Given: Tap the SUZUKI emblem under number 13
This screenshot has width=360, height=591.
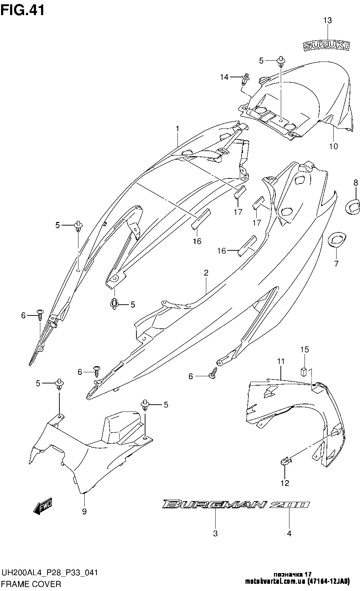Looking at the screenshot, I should pos(326,45).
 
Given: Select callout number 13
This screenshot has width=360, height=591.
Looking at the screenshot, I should pos(327,21).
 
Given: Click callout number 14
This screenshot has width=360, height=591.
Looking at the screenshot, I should pos(224,77).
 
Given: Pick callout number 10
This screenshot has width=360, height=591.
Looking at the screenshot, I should pos(333,146).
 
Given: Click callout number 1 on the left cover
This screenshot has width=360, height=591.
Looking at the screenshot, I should pos(177,128).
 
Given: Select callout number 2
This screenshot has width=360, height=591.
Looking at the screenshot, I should pos(206,273).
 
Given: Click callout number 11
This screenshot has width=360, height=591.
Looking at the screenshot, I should pos(281,361).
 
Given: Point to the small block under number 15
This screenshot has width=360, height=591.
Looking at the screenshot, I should pos(304,371).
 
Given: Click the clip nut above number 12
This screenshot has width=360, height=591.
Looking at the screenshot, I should pos(285,460).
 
